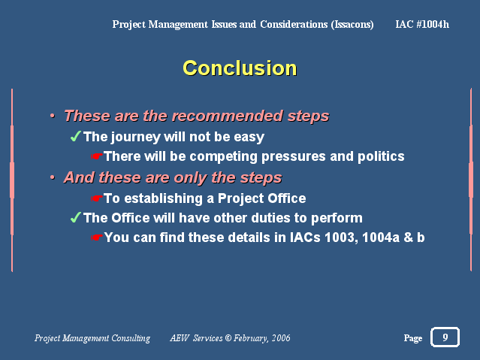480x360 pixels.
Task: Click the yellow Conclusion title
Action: pos(240,68)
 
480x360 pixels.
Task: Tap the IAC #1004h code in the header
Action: pos(422,24)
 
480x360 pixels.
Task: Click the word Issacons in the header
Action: pos(352,25)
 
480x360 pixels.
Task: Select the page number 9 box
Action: pos(445,337)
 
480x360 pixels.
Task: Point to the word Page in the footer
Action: pos(413,338)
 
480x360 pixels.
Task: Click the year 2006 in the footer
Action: pos(281,338)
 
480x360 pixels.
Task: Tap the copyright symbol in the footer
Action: pos(228,338)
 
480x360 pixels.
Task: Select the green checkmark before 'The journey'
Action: pos(75,136)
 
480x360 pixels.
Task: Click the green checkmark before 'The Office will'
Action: pos(75,217)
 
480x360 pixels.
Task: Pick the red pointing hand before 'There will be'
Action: pos(96,156)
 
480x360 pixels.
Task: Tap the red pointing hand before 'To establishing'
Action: pos(96,198)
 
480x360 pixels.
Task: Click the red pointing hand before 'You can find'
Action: pos(96,237)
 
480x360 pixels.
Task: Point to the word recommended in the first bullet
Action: pos(228,116)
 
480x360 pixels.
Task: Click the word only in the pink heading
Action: pos(188,178)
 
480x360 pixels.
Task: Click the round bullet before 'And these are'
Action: pos(53,177)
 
